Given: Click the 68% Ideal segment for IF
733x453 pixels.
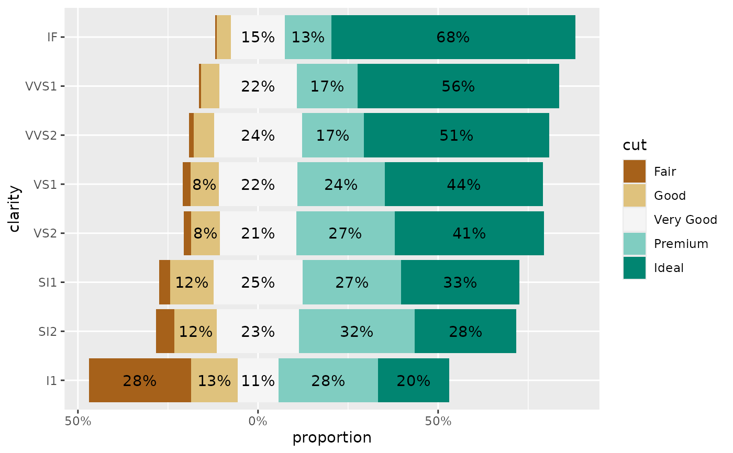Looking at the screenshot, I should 453,37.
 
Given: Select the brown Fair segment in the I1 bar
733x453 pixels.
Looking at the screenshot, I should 140,380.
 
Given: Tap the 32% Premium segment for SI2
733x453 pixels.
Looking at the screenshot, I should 357,331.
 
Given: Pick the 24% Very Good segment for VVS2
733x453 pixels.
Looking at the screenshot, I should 258,135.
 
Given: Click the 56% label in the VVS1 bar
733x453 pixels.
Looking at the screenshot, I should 458,86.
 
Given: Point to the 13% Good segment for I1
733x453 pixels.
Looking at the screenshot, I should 214,380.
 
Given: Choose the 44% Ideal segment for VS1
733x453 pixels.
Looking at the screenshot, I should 463,184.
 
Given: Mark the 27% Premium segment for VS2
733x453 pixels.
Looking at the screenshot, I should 345,233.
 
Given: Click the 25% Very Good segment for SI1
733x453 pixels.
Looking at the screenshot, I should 258,282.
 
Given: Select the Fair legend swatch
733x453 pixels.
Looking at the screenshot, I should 635,171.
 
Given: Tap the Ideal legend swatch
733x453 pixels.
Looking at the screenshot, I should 635,268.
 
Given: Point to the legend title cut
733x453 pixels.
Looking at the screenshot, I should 635,145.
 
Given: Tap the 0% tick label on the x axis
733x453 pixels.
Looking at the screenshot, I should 258,421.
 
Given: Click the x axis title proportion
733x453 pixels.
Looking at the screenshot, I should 332,438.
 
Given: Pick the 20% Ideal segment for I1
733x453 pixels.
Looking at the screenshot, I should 413,380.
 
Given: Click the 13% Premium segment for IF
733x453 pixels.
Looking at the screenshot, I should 308,37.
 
